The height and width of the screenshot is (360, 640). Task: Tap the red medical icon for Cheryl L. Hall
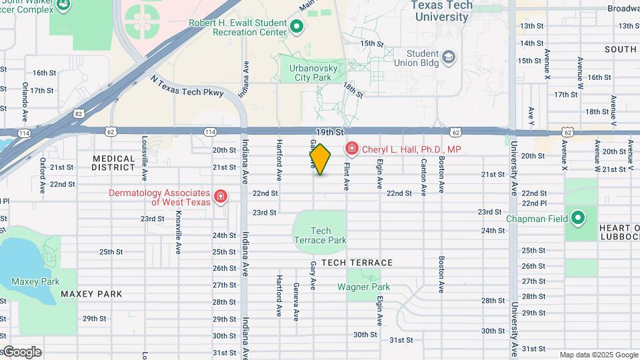(351, 149)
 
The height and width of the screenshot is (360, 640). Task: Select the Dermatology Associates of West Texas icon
(221, 197)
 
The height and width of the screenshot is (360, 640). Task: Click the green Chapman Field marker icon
(578, 218)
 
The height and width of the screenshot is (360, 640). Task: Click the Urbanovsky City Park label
(313, 73)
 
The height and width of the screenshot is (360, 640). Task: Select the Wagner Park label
(363, 287)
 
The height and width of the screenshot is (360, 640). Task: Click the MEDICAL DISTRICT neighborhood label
(113, 163)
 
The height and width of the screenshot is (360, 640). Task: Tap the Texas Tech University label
(442, 11)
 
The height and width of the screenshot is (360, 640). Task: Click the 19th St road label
(329, 133)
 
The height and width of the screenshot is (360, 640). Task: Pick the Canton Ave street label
(423, 177)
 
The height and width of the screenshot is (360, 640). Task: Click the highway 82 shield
(79, 114)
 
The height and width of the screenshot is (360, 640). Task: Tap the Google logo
(22, 352)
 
